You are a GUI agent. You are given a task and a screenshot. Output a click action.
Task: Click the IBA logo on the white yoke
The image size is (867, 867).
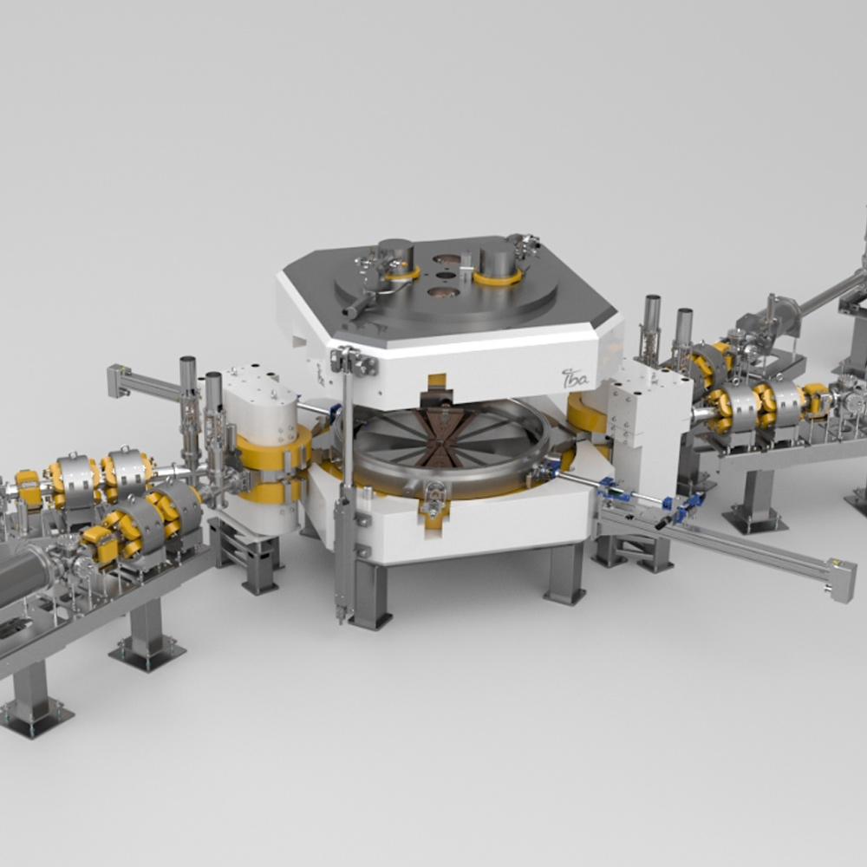(575, 378)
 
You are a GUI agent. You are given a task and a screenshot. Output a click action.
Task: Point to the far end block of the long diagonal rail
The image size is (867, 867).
(840, 580)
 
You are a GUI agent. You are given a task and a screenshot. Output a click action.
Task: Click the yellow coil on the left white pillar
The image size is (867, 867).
(273, 448)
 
